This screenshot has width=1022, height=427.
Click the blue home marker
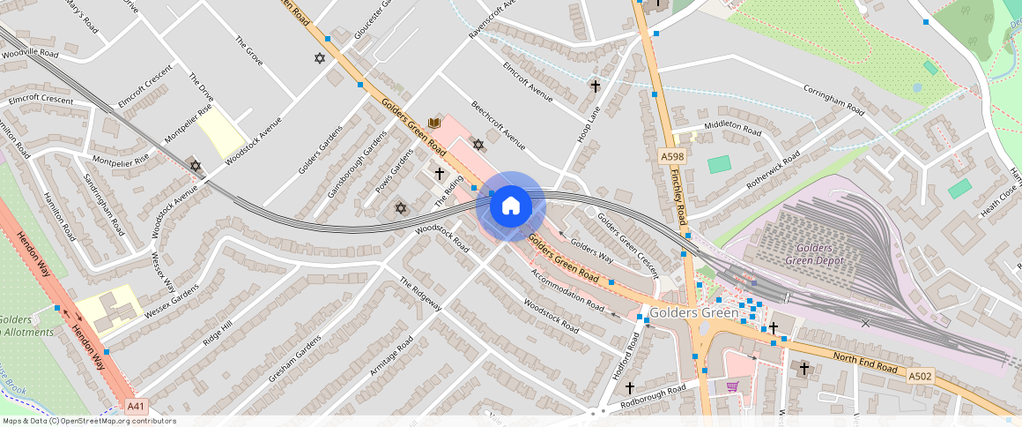click(510, 206)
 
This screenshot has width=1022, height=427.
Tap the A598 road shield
click(672, 157)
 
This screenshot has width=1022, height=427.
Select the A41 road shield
click(135, 407)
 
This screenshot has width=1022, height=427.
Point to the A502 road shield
click(921, 377)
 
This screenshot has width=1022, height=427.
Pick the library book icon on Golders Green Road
click(433, 123)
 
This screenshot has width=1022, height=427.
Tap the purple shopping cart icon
click(732, 386)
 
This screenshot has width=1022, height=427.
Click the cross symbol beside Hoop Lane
click(596, 86)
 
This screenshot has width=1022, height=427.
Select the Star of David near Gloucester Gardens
click(319, 58)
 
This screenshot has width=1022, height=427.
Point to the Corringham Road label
click(833, 97)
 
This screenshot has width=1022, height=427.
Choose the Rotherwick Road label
click(774, 169)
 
